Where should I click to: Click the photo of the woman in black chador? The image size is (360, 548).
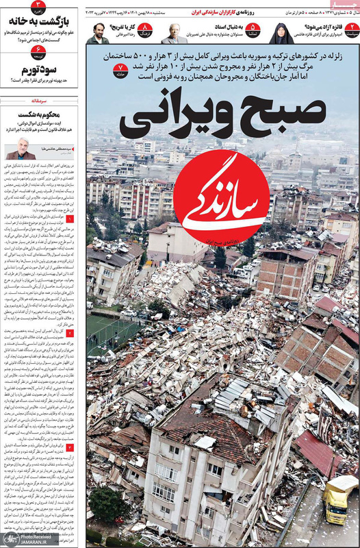pyautogui.click(x=282, y=32)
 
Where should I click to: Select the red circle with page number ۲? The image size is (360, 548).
pyautogui.click(x=351, y=29)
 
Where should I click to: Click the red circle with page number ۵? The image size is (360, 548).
pyautogui.click(x=253, y=29)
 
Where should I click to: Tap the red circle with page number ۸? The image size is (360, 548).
pyautogui.click(x=146, y=29)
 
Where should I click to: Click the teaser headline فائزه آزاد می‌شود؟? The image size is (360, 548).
pyautogui.click(x=320, y=27)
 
